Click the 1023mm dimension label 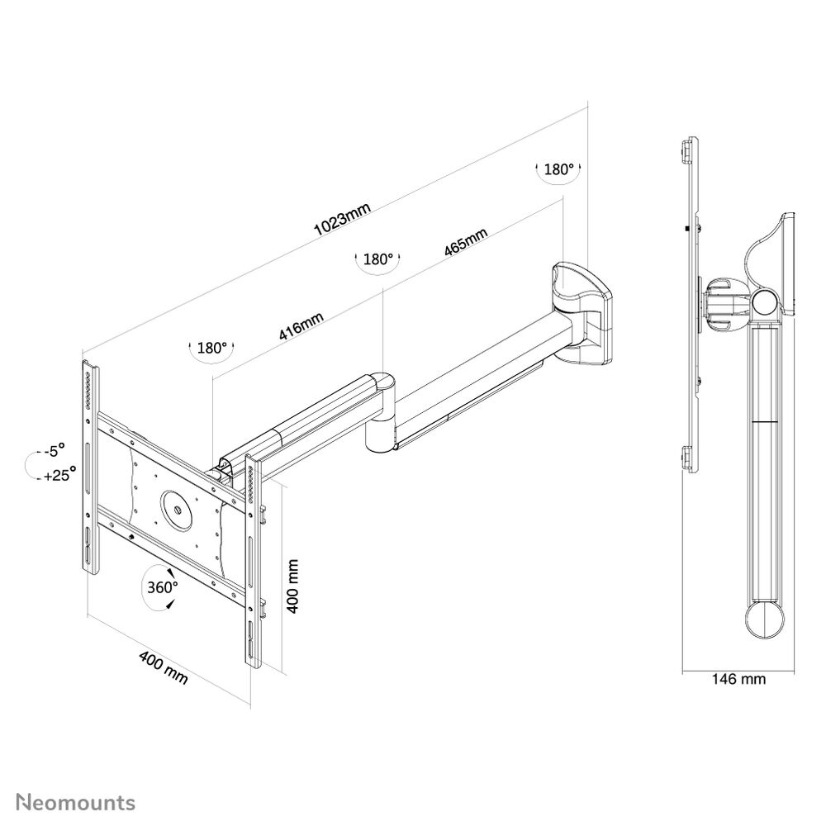click(343, 219)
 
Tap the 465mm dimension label click(466, 242)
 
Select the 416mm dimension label click(301, 326)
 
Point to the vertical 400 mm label click(292, 586)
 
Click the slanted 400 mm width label click(163, 667)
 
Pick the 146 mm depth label click(738, 679)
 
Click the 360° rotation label click(162, 586)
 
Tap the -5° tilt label click(55, 450)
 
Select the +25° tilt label click(60, 474)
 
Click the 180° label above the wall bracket click(558, 169)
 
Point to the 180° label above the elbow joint click(378, 259)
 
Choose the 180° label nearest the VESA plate click(211, 348)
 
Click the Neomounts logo click(75, 803)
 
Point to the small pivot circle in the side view click(766, 302)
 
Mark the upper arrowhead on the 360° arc click(170, 572)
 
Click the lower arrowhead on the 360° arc click(169, 606)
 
